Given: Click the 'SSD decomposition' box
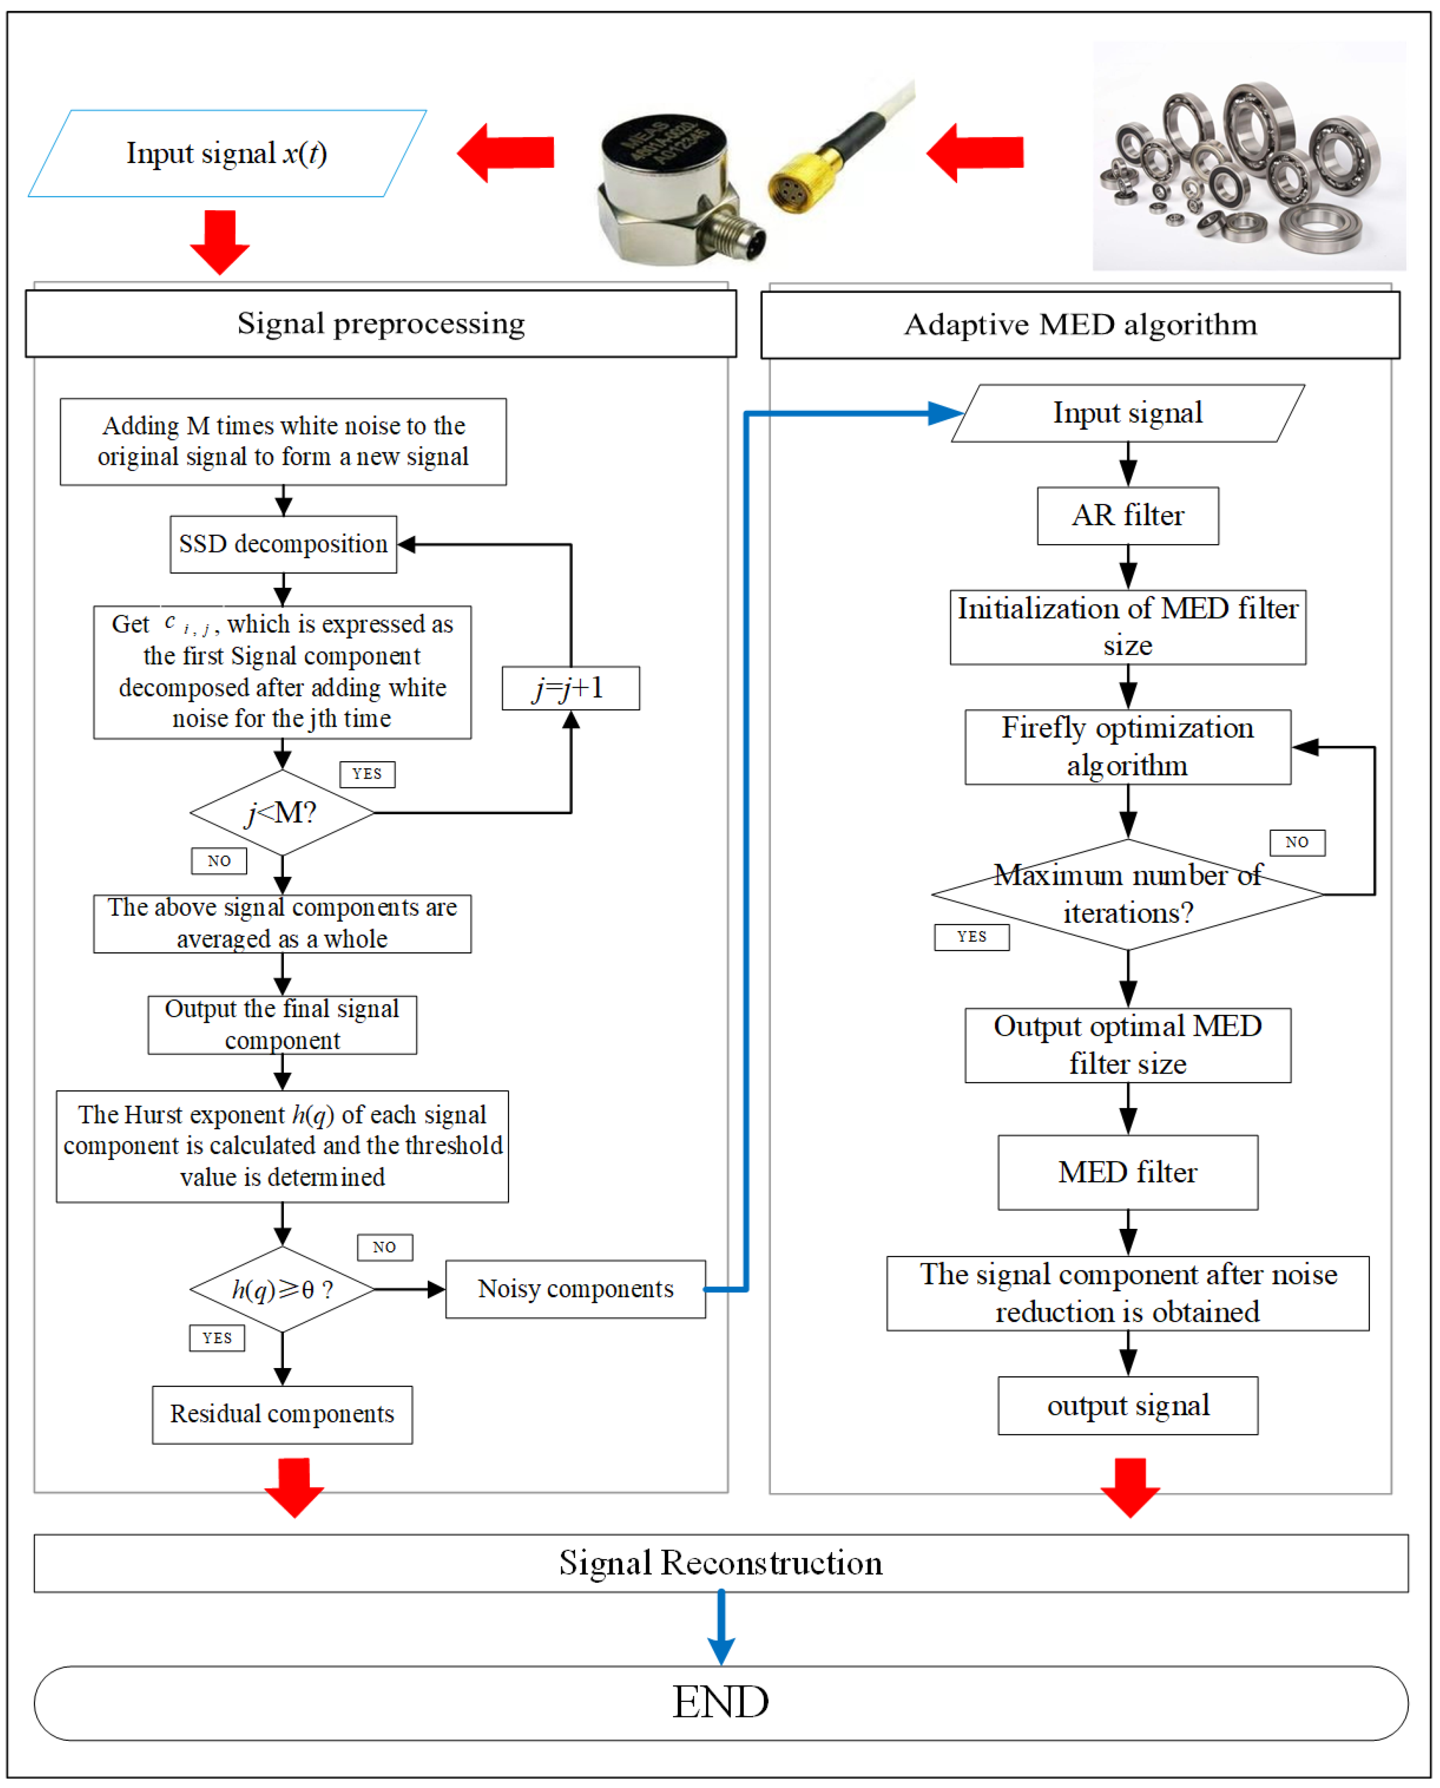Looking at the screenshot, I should tap(283, 544).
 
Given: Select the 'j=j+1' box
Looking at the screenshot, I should tap(570, 688).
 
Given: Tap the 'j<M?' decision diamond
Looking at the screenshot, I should tap(282, 812).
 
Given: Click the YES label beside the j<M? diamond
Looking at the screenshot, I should tap(367, 774).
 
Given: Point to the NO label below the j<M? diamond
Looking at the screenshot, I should tap(219, 861).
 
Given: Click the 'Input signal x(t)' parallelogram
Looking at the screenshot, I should tap(227, 153).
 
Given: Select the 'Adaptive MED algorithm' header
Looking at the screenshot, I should tap(1080, 324).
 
